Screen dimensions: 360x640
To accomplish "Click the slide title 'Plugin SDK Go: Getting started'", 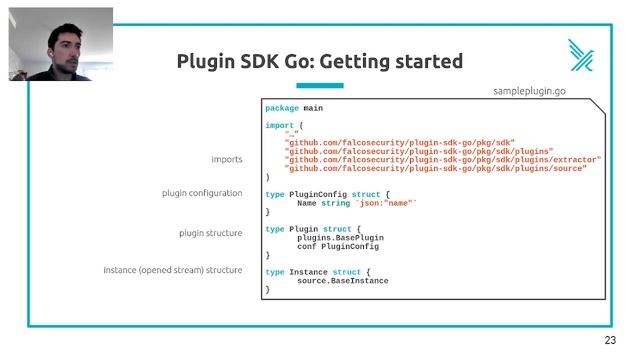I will click(x=319, y=61).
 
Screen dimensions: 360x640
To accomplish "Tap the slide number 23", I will click(x=611, y=341).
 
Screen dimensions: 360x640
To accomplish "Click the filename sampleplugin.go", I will click(x=544, y=90).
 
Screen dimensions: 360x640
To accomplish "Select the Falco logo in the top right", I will click(x=581, y=54).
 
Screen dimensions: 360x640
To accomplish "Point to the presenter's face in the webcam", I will click(x=61, y=43).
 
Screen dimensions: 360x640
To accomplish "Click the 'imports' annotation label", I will click(x=226, y=160).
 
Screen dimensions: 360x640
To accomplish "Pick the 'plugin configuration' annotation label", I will click(x=202, y=193).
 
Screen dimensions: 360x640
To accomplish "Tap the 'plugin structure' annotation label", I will click(x=210, y=233).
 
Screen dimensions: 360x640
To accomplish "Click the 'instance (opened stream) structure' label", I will click(x=173, y=271).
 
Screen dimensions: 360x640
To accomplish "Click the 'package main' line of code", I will click(x=294, y=108).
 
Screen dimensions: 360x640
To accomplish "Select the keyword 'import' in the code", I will click(x=280, y=125).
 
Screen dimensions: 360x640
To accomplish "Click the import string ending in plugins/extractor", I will click(x=443, y=160).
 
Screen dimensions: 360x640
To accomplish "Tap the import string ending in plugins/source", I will click(x=436, y=169).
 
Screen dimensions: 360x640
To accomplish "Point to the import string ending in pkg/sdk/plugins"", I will click(x=419, y=151).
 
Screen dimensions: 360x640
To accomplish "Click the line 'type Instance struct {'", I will click(x=318, y=272).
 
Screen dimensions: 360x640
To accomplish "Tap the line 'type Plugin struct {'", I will click(x=312, y=229).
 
